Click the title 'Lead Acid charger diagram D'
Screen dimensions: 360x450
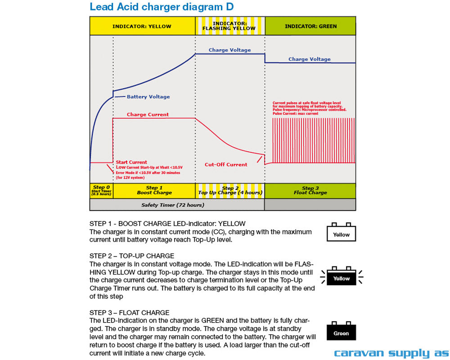click(162, 7)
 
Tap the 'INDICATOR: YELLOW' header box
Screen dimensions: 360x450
click(142, 26)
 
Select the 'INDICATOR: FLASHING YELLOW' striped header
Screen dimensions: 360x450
click(229, 26)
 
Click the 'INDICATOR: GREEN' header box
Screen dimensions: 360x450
click(310, 26)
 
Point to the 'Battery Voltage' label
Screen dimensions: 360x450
click(148, 97)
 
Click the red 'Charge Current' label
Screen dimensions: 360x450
click(148, 115)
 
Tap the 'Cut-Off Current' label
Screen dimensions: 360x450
click(226, 165)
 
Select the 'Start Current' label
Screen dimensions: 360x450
click(131, 162)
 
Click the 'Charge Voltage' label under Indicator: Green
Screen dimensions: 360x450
click(309, 59)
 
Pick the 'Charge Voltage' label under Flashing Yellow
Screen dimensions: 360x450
click(229, 50)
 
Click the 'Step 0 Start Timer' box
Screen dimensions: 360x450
click(101, 190)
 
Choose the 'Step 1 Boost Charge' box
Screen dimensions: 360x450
click(154, 190)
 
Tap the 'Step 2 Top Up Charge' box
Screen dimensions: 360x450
click(230, 190)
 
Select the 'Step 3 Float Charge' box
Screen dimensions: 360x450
click(310, 190)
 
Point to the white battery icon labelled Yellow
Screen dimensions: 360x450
click(341, 233)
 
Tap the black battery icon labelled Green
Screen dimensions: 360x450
click(341, 332)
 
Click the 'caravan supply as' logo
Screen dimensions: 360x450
click(391, 353)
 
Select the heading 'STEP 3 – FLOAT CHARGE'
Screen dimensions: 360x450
click(130, 313)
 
